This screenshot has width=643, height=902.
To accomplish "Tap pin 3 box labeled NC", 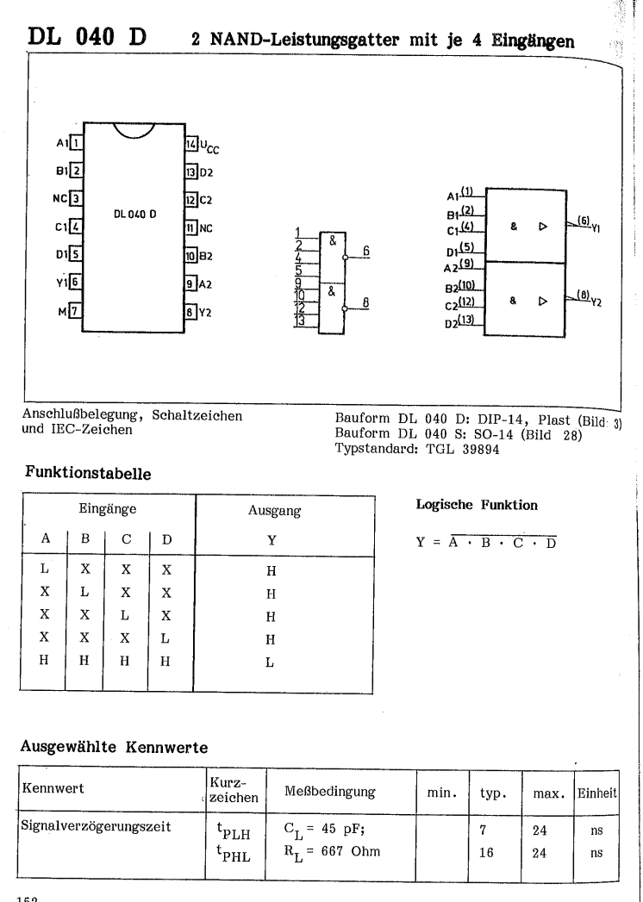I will (76, 198).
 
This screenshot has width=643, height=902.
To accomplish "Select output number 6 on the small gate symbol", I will (366, 252).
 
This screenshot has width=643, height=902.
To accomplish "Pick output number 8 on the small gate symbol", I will (366, 302).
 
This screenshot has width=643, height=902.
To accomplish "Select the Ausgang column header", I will (274, 511).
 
